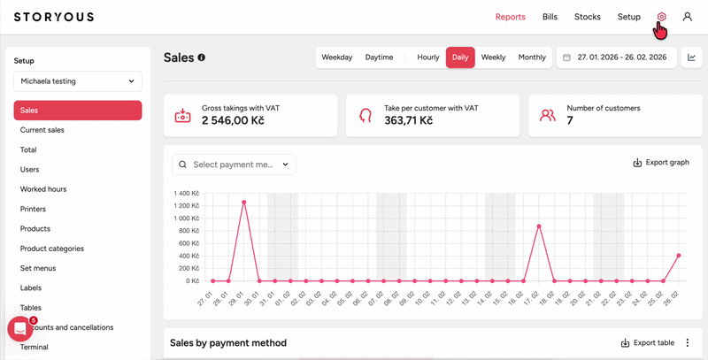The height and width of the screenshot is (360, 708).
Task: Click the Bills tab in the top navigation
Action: tap(550, 17)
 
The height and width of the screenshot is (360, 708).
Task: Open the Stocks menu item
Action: tap(588, 17)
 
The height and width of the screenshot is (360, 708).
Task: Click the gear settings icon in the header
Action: tap(661, 17)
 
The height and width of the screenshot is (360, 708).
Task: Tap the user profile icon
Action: tap(688, 17)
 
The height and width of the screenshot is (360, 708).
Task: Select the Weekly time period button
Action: tap(493, 57)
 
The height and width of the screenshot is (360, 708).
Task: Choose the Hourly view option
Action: tap(428, 57)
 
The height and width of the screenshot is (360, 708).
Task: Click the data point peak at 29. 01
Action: tap(244, 202)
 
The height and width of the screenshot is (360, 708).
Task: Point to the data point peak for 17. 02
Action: tap(539, 226)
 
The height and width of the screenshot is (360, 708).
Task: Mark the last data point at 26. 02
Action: tap(679, 256)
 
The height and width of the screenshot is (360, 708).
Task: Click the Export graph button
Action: tap(661, 163)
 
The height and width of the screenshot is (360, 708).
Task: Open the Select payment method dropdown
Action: tap(234, 165)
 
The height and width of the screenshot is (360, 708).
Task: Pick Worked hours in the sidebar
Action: tap(43, 189)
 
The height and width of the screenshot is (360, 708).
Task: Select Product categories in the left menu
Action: tap(52, 249)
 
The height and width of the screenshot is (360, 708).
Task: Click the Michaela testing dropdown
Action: tap(78, 81)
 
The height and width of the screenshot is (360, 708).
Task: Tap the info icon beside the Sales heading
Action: tap(202, 57)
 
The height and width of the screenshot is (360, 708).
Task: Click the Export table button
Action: tap(648, 343)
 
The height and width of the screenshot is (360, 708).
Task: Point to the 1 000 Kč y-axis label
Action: tap(187, 218)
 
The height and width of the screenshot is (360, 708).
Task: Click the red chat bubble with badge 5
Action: tap(20, 329)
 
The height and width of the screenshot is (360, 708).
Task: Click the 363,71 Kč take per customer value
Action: tap(409, 120)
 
